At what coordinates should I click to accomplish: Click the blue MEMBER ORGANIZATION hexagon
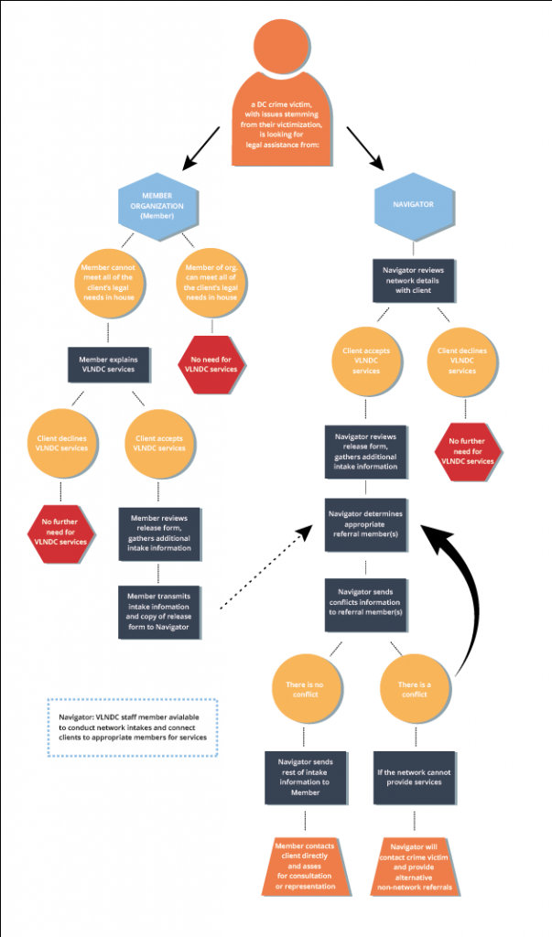point(157,206)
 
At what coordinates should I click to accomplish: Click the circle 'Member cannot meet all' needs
point(111,284)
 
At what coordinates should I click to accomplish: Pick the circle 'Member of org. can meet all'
point(212,284)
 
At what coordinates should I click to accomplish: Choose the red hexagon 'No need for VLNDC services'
point(212,363)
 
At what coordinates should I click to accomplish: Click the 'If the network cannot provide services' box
point(414,778)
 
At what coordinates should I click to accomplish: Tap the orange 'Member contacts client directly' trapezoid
point(305,866)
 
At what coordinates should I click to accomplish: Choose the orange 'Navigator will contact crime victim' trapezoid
point(414,866)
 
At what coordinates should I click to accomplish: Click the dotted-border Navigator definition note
point(132,727)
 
